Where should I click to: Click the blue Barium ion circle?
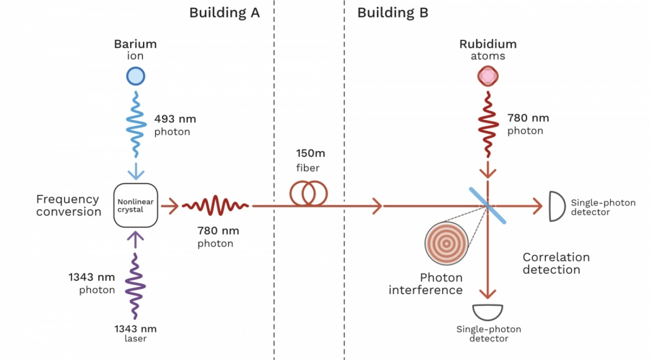point(135,76)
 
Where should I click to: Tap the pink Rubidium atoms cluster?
point(487,76)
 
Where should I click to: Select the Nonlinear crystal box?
point(135,205)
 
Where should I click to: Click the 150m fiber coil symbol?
point(309,193)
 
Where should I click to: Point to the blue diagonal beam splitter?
point(487,205)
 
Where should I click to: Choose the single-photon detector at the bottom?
point(488,312)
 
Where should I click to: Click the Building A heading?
point(224,13)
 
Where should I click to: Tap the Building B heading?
point(392,13)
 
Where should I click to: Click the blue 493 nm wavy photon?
point(135,122)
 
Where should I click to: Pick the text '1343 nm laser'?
point(135,333)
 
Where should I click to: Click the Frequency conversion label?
point(68,205)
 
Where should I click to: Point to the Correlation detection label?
point(556,263)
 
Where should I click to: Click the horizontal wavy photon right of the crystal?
point(215,205)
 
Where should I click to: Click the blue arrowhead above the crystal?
point(135,173)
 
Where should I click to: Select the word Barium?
point(135,44)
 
